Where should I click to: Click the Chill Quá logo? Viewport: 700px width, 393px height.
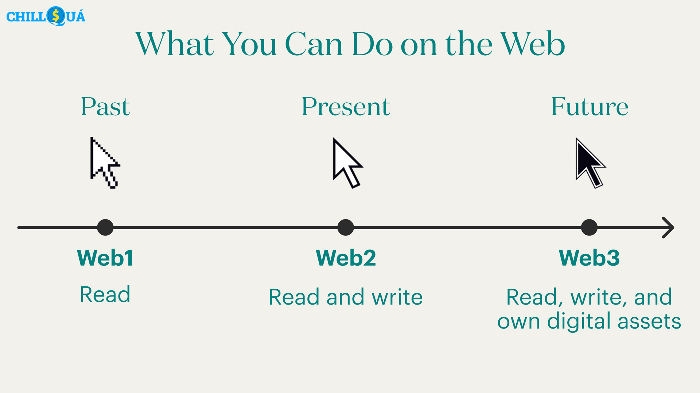point(46,16)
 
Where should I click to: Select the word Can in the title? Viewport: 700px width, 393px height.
point(314,44)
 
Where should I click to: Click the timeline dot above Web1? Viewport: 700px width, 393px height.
point(105,227)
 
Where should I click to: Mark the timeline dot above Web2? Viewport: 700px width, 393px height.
point(346,227)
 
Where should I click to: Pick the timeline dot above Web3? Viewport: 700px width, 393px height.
point(589,227)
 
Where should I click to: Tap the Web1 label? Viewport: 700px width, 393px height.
point(105,258)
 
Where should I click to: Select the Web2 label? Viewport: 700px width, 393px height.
point(346,258)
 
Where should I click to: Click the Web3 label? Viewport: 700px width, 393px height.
point(589,258)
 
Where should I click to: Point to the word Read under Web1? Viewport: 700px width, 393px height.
point(105,294)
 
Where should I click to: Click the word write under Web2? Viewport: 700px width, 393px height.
point(397,297)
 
